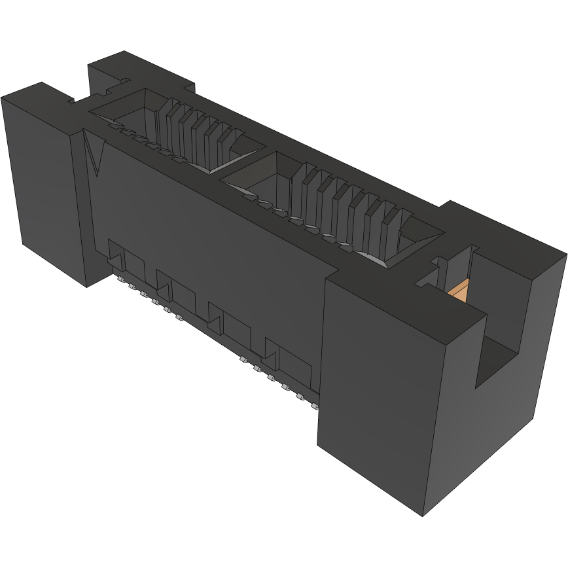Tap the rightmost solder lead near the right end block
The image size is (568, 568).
[x=315, y=405]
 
